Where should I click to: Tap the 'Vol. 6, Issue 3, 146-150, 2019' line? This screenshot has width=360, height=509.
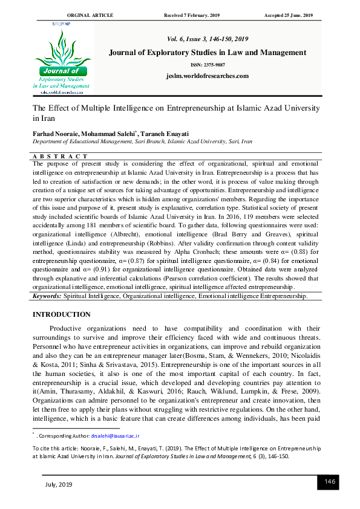pyautogui.click(x=207, y=38)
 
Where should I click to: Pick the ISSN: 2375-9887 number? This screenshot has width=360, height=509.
pyautogui.click(x=207, y=65)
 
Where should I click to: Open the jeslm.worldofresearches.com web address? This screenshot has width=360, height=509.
pyautogui.click(x=207, y=76)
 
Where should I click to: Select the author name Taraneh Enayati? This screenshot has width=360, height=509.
pyautogui.click(x=166, y=132)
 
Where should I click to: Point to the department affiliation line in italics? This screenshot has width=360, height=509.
pyautogui.click(x=142, y=141)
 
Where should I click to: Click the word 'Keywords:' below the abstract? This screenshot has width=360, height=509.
pyautogui.click(x=47, y=296)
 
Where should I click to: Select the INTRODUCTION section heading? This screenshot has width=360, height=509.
pyautogui.click(x=61, y=314)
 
